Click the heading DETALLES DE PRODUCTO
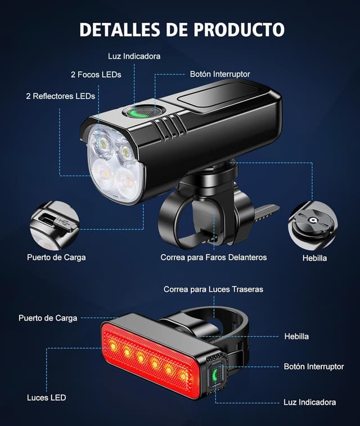click(x=182, y=29)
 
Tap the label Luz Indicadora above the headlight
click(x=134, y=56)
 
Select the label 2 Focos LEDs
click(x=96, y=74)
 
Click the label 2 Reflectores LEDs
click(x=60, y=96)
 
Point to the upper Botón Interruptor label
click(x=219, y=74)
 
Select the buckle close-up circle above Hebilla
click(x=313, y=224)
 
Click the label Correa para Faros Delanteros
click(x=213, y=257)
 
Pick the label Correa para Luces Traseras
click(x=213, y=289)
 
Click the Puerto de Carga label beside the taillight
click(x=48, y=318)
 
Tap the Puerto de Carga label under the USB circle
click(x=56, y=257)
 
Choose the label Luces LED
click(x=46, y=398)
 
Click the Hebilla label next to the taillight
click(x=296, y=337)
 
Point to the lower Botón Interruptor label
click(x=313, y=366)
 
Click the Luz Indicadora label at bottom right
click(x=309, y=402)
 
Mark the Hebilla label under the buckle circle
click(x=314, y=258)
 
